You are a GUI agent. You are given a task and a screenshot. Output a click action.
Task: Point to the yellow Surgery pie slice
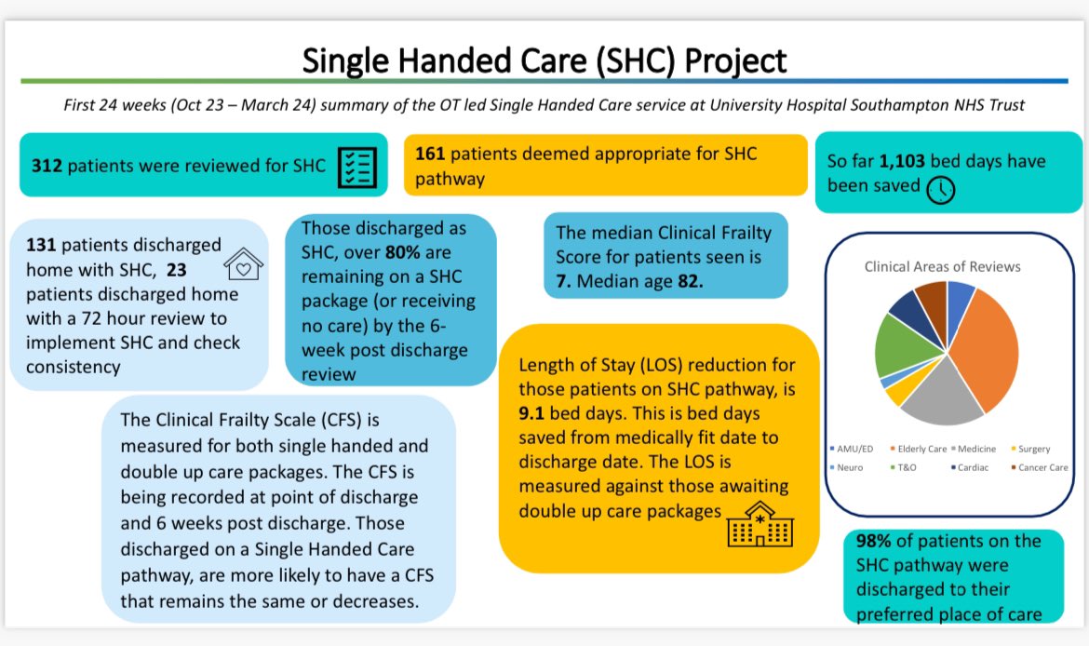(x=896, y=392)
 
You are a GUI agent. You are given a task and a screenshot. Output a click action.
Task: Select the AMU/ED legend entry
(x=854, y=449)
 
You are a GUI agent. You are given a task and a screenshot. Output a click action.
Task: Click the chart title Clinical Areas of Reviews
(x=942, y=266)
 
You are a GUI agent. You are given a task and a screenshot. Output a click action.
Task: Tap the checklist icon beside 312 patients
(x=356, y=166)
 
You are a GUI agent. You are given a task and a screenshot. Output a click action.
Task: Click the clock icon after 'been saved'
(x=941, y=188)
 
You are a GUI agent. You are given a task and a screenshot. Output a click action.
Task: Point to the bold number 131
(x=42, y=245)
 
